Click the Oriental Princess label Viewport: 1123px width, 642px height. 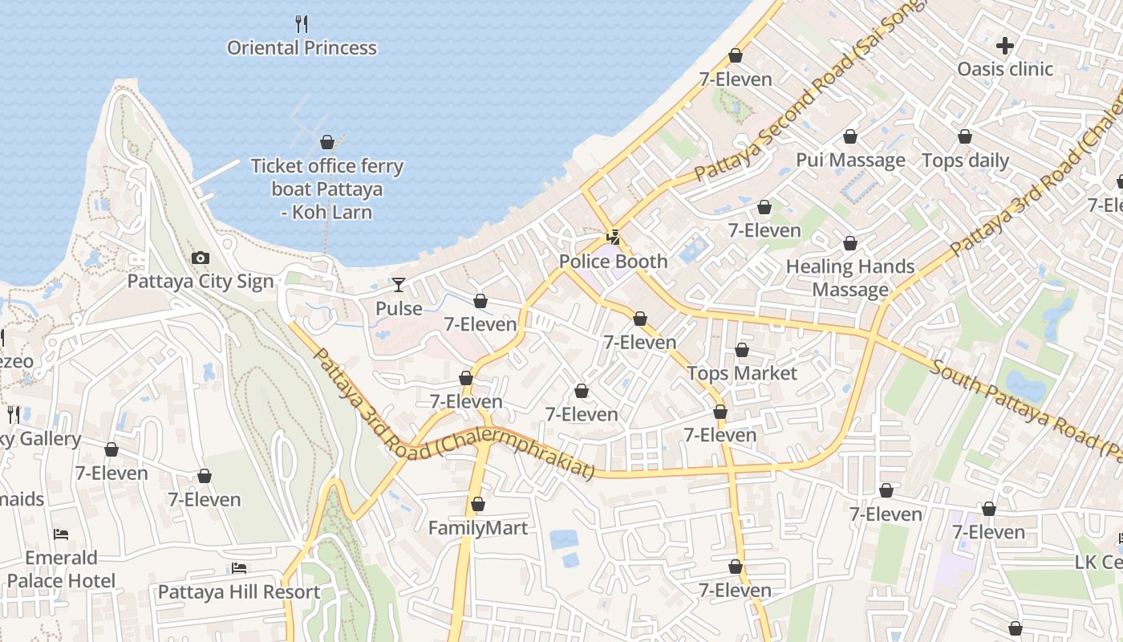point(302,48)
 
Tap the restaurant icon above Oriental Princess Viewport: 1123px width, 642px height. point(302,23)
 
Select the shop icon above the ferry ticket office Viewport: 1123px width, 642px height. point(327,142)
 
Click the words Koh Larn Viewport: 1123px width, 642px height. point(331,213)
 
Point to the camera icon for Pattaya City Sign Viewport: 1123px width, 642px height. point(201,258)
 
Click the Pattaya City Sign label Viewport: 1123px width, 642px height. point(201,282)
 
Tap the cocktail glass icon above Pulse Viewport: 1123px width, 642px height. point(399,284)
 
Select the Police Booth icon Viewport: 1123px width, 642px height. point(614,237)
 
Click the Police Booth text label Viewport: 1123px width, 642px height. point(614,262)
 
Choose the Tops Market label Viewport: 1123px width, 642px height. point(742,374)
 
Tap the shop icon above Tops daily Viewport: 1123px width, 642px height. point(965,136)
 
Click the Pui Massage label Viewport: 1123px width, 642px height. point(850,160)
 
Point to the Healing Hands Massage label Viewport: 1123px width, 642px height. point(850,278)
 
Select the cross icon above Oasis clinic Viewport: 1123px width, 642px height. point(1005,45)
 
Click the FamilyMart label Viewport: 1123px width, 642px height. point(478,528)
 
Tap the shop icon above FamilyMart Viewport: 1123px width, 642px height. point(478,504)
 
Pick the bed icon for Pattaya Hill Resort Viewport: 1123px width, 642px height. point(239,568)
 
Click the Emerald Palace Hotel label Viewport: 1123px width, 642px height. point(61,569)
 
